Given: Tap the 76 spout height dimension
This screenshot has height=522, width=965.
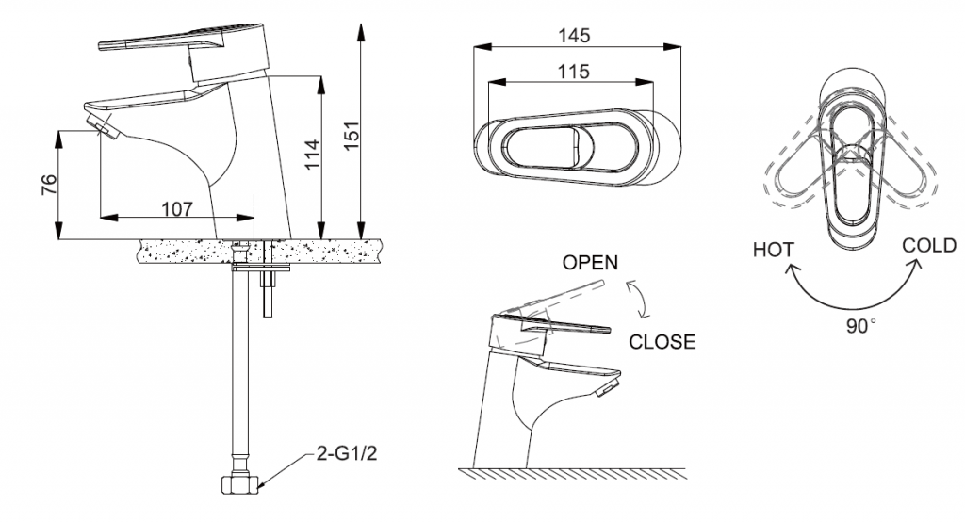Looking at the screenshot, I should pyautogui.click(x=49, y=184).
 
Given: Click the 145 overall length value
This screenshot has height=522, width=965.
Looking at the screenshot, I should pyautogui.click(x=574, y=35).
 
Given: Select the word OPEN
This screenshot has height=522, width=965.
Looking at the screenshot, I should pyautogui.click(x=590, y=263).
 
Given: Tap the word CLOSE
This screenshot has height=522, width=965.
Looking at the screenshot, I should pyautogui.click(x=662, y=342).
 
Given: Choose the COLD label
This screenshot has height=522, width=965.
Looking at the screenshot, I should pyautogui.click(x=929, y=246).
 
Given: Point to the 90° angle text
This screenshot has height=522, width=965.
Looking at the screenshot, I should pyautogui.click(x=858, y=325).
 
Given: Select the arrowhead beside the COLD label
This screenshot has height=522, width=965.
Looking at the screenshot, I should pyautogui.click(x=913, y=265).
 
